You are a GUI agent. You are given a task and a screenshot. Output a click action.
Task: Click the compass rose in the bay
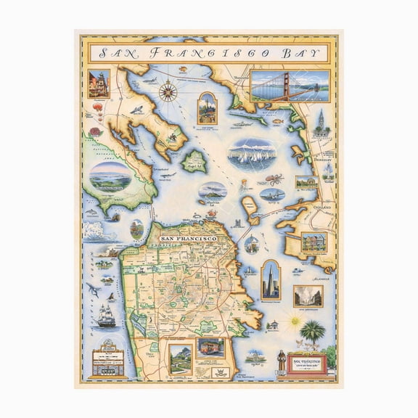(x=168, y=91)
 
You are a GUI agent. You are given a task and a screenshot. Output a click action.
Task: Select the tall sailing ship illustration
(x=107, y=314)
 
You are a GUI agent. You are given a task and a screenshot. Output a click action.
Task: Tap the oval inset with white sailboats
(x=251, y=154)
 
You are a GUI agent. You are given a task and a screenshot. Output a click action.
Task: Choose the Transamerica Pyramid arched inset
(x=270, y=279)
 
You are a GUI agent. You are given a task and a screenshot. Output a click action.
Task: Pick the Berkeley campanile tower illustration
(x=319, y=120)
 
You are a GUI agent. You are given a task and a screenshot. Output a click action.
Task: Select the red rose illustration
(x=95, y=133)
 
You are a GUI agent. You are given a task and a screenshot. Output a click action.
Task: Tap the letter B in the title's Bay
(x=290, y=52)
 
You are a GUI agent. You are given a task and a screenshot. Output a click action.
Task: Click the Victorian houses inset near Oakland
(x=314, y=242)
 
